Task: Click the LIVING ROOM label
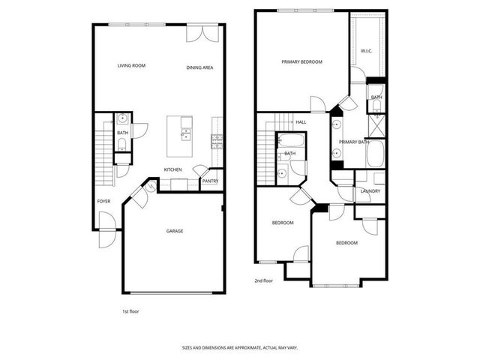131,66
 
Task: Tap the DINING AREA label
199,67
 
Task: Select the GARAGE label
175,231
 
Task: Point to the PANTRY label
211,181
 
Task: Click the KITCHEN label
173,169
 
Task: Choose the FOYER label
104,201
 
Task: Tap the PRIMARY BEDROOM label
301,61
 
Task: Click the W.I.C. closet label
367,51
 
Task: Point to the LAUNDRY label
370,190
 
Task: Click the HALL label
301,121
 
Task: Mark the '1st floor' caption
130,310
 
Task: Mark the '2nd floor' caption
263,282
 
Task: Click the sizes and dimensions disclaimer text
240,347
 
